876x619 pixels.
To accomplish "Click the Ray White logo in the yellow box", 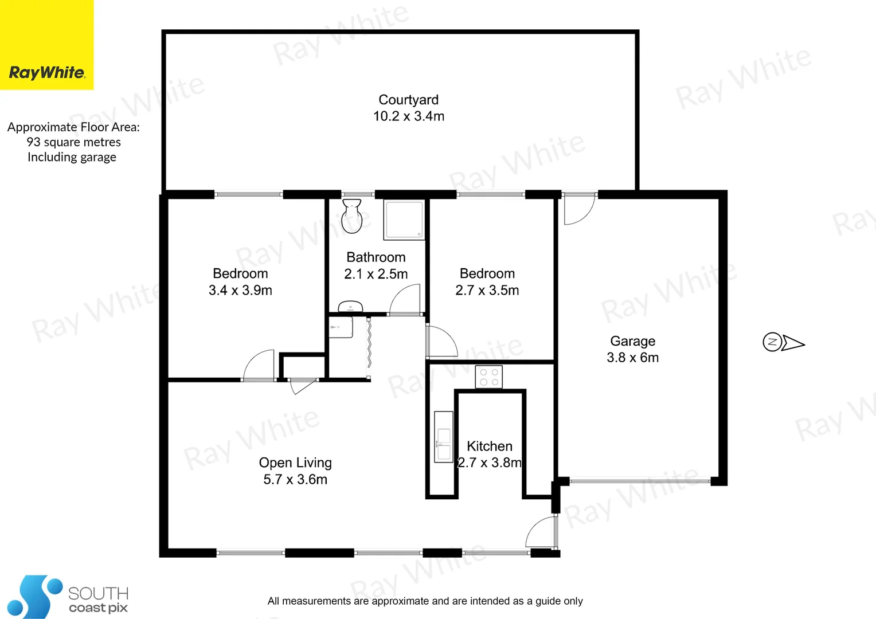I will (47, 72).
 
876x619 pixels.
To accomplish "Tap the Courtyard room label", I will (408, 100).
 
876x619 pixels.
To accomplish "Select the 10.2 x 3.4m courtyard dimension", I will (408, 116).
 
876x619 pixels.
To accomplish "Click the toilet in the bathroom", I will (351, 216).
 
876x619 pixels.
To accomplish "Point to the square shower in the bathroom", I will (404, 220).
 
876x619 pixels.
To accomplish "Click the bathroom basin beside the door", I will (350, 307).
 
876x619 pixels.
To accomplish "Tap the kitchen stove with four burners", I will (488, 377).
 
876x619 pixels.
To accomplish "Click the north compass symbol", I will (783, 342).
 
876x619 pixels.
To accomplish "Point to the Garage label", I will (632, 341).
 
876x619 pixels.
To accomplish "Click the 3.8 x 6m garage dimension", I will (632, 358).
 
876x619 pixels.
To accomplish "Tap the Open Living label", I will (295, 463).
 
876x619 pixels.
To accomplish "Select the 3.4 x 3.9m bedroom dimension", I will (240, 291).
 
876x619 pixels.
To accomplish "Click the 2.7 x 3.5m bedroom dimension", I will (487, 291).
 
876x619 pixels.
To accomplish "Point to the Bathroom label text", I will (376, 257).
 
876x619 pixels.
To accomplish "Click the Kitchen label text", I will (489, 446).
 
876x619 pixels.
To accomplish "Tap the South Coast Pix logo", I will (68, 598).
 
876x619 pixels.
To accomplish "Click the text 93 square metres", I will (73, 142).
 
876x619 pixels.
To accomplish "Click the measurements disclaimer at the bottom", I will (425, 601).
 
